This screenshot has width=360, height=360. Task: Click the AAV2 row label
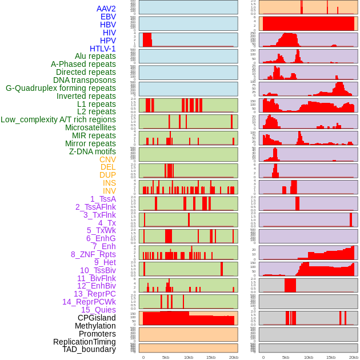(106, 9)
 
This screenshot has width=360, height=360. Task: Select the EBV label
(108, 17)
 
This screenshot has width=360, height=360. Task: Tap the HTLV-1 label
(103, 49)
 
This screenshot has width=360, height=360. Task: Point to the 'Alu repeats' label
(95, 56)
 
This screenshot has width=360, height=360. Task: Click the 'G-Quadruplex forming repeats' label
(61, 88)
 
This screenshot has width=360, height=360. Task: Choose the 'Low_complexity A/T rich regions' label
(58, 119)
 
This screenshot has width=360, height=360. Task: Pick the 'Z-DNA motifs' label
(93, 151)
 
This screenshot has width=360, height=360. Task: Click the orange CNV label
(107, 159)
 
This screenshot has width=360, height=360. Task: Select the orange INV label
(109, 191)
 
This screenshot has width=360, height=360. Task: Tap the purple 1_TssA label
(103, 199)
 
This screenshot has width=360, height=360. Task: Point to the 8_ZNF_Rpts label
(93, 254)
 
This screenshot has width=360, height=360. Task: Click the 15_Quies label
(98, 310)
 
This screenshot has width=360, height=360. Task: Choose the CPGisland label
(97, 318)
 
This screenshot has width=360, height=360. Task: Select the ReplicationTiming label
(84, 342)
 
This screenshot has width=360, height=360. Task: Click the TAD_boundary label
(89, 349)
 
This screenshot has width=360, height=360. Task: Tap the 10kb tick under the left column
(188, 357)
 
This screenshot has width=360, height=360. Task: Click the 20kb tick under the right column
(354, 357)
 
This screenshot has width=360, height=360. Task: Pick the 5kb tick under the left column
(166, 357)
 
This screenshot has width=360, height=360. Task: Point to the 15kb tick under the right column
(331, 357)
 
